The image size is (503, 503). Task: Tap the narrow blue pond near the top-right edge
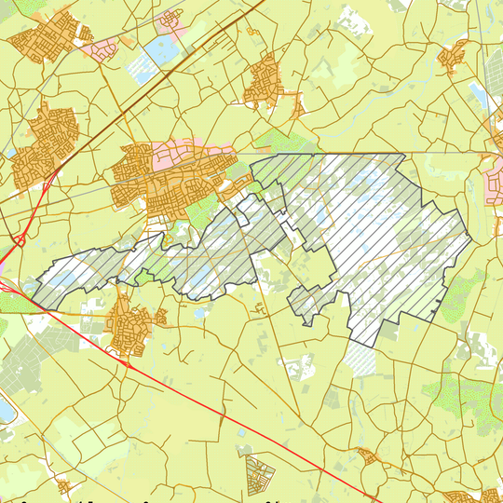pyautogui.click(x=478, y=93)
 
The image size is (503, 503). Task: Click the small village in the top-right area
pyautogui.click(x=455, y=56)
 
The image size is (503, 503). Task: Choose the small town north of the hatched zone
pyautogui.click(x=266, y=79)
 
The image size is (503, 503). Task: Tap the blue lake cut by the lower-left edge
pyautogui.click(x=5, y=411)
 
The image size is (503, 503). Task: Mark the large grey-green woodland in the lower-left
pyautogui.click(x=28, y=363)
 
